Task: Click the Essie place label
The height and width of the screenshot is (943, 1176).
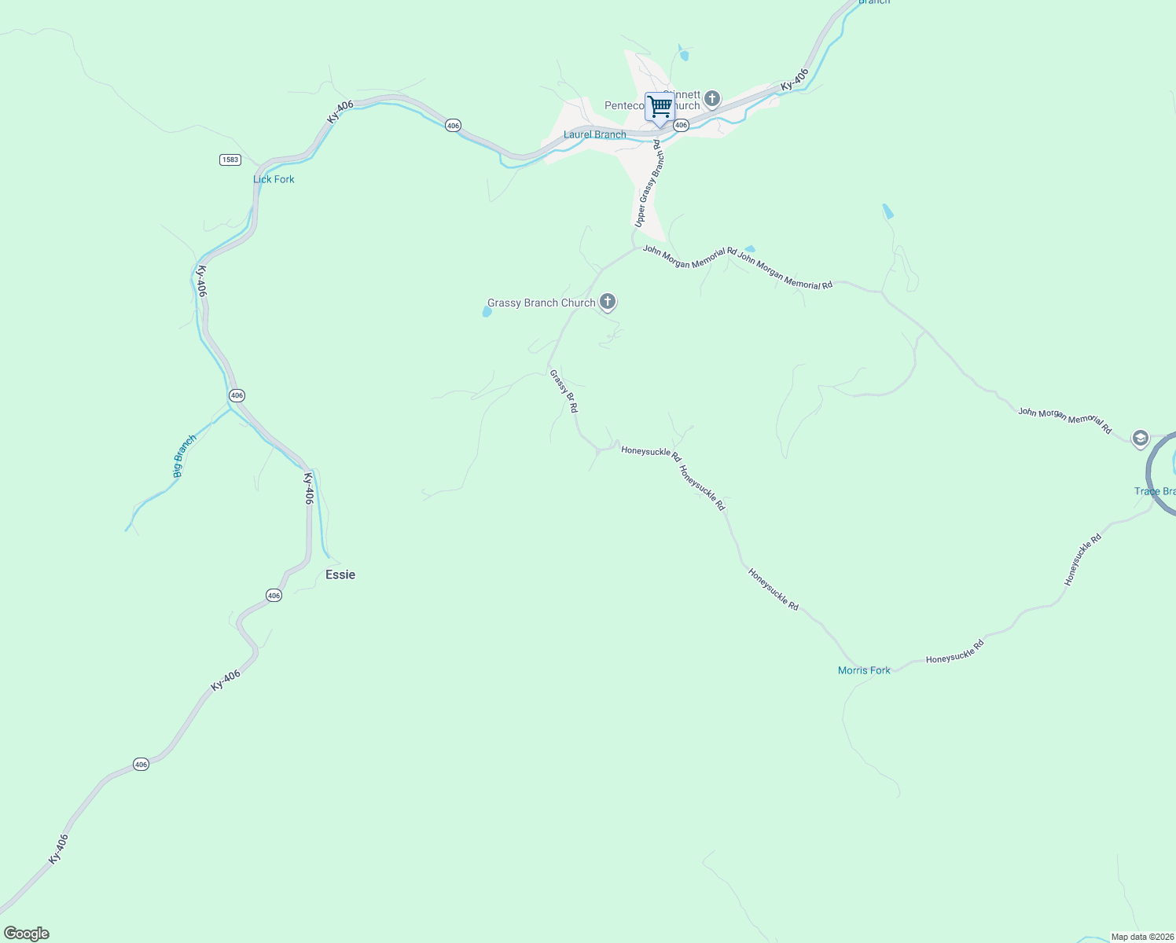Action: click(x=340, y=574)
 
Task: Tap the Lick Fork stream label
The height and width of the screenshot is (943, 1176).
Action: click(x=274, y=179)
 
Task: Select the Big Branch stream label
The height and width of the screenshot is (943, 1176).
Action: click(x=184, y=456)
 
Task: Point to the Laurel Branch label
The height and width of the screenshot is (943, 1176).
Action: click(x=595, y=134)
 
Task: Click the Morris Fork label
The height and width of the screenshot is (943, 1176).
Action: click(x=864, y=670)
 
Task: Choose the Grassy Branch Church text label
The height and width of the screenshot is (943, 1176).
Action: click(x=542, y=303)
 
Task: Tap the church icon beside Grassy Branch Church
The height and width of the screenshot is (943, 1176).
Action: click(x=607, y=301)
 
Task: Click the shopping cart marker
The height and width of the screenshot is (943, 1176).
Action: click(x=660, y=107)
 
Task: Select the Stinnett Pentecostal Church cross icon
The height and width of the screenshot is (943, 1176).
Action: click(x=712, y=99)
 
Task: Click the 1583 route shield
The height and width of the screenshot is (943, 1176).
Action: click(x=230, y=160)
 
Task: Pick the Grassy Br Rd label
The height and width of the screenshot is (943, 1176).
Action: click(x=564, y=391)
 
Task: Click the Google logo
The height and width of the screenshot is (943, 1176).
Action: click(x=27, y=934)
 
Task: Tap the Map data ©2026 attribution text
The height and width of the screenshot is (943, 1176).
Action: click(x=1141, y=937)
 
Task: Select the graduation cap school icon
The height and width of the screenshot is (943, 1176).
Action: click(x=1140, y=438)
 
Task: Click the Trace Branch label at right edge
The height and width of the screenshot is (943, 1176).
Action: click(x=1155, y=491)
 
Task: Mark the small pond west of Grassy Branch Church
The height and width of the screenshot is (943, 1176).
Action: click(x=487, y=312)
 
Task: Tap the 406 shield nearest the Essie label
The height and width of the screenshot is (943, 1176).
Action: click(x=274, y=596)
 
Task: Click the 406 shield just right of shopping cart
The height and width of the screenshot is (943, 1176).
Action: click(x=682, y=125)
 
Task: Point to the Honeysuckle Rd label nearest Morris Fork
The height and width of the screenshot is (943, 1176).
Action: click(x=954, y=652)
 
